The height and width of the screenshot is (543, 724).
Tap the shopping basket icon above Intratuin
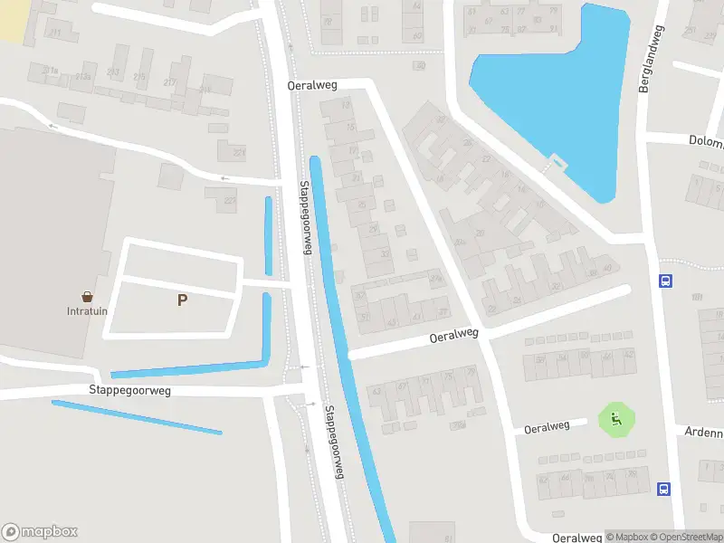click(x=88, y=296)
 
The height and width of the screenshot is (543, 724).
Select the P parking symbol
click(x=182, y=300)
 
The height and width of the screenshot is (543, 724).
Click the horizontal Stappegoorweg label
click(x=129, y=391)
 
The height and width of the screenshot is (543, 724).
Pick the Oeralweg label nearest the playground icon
click(x=547, y=426)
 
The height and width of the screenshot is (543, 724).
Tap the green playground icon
click(x=616, y=419)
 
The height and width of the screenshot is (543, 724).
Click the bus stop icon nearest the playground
click(x=665, y=490)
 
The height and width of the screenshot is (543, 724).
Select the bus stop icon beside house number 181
click(x=665, y=281)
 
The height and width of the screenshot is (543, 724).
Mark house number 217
click(x=168, y=82)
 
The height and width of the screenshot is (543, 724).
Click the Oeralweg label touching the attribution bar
click(x=576, y=537)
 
